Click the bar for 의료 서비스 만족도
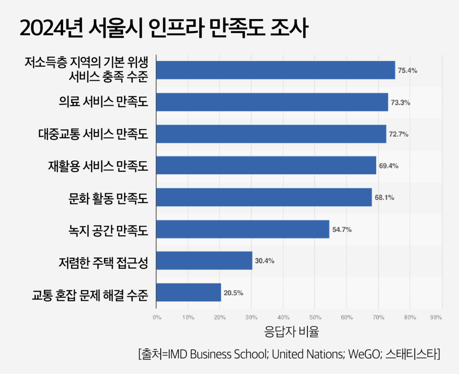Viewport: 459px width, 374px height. [x=272, y=102]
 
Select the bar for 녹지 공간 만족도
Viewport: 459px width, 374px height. [x=242, y=229]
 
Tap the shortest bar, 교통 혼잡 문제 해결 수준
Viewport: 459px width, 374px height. [x=188, y=292]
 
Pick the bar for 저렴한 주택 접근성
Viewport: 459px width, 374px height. [x=204, y=261]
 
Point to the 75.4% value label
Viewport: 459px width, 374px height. [x=408, y=70]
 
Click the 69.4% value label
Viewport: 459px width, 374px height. [x=389, y=165]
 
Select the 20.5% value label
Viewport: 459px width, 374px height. [x=233, y=293]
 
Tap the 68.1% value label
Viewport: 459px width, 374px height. [x=384, y=197]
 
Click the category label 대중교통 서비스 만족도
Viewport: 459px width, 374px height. [x=93, y=134]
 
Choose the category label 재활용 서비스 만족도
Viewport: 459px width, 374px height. [x=98, y=166]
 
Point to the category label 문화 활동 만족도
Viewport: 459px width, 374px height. [x=108, y=198]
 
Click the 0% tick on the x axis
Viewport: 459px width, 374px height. [x=156, y=317]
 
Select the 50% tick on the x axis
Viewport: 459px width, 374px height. [x=315, y=317]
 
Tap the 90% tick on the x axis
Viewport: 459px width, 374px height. [x=436, y=317]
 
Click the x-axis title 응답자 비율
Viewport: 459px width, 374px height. [x=292, y=331]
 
